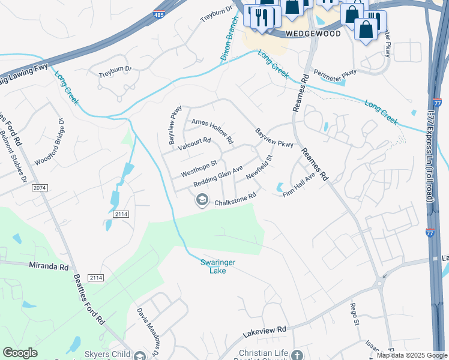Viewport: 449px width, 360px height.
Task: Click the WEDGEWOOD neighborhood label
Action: tap(313, 34)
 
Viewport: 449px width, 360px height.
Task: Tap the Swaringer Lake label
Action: tap(218, 266)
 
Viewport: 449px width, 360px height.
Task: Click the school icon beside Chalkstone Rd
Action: tap(202, 200)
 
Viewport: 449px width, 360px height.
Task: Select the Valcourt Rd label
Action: tap(194, 141)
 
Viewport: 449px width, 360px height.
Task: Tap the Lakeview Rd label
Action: tap(265, 330)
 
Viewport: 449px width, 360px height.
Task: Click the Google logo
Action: tap(20, 353)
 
